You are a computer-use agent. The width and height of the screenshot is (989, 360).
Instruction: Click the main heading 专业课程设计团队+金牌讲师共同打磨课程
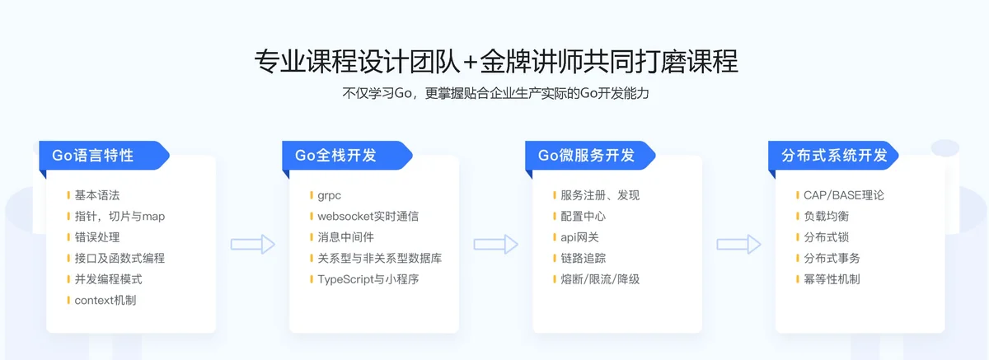496,61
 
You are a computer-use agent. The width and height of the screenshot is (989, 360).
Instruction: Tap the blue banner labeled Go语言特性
104,156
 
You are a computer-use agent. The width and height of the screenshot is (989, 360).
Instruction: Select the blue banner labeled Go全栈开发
347,156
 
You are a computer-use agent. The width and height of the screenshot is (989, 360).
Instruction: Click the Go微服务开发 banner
590,156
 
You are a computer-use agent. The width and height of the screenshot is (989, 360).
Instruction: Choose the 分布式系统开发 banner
833,156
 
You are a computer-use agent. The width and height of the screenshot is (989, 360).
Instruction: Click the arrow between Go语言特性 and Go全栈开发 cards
253,245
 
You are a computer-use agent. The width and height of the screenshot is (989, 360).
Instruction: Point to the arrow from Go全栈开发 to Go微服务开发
496,245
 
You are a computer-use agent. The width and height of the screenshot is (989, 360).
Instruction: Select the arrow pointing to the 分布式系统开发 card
738,245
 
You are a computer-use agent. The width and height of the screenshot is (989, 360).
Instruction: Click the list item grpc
330,195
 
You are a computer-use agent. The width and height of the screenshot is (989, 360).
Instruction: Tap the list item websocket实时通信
368,216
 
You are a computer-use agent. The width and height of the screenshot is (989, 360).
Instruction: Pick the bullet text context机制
105,301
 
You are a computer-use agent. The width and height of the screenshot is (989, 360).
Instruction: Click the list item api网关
579,237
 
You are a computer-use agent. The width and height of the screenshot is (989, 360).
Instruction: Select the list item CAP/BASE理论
844,195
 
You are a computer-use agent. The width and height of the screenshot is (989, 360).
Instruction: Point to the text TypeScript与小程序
368,279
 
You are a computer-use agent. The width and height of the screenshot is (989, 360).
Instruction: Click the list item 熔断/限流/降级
600,279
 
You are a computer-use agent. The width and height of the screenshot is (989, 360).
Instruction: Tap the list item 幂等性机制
832,279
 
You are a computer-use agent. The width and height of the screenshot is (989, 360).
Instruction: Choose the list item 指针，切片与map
120,216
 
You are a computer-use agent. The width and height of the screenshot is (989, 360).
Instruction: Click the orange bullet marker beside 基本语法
68,195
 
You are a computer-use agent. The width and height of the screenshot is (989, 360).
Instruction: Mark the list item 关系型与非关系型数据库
379,258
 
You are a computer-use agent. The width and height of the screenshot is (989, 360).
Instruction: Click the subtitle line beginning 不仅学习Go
496,94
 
